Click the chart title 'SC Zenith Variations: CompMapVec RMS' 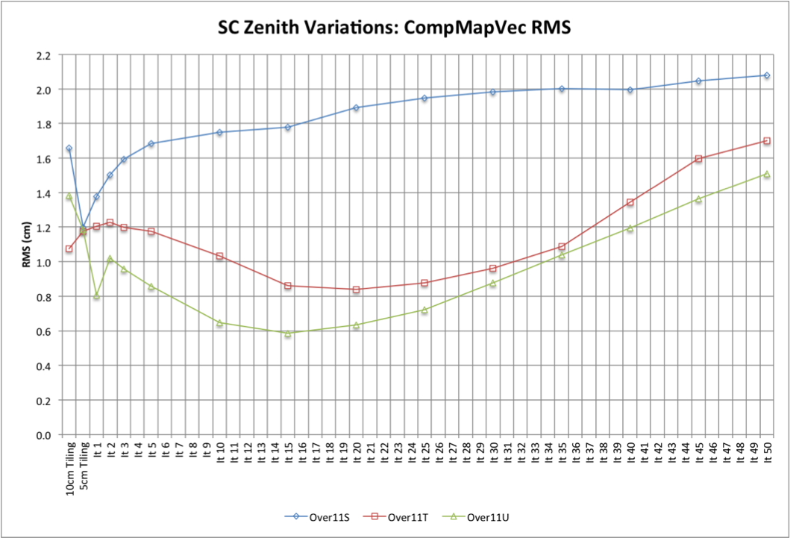coord(395,28)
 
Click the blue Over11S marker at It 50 coord(766,75)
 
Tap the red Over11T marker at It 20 coord(356,290)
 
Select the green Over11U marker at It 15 coord(287,334)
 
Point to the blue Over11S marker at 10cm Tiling coord(69,148)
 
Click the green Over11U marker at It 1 coord(97,295)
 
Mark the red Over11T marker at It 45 coord(698,159)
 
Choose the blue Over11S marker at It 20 coord(356,107)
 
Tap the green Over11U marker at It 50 coord(766,174)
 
